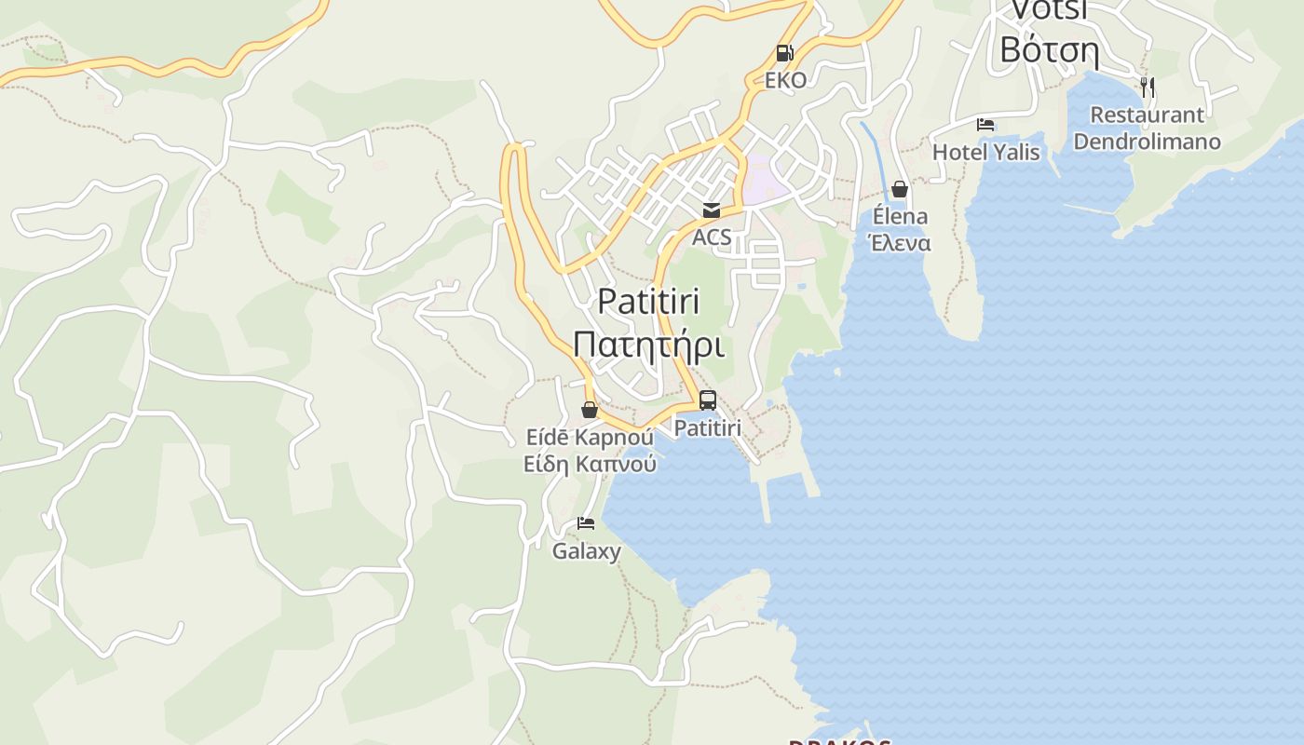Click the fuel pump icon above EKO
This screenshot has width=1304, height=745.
click(785, 53)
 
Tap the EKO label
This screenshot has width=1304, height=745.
click(785, 80)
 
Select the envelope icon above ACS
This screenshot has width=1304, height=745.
click(712, 210)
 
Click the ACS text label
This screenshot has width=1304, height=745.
click(712, 237)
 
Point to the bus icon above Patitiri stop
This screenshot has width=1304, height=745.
click(708, 400)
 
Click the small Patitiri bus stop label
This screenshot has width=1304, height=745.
click(707, 428)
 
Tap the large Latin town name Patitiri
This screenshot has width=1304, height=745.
click(648, 301)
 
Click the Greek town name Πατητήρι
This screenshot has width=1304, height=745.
click(648, 344)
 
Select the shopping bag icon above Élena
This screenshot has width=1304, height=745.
click(900, 190)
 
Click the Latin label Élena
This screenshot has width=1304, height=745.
click(900, 217)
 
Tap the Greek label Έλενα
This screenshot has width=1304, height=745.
click(900, 243)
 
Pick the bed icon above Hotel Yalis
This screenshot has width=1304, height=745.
click(985, 125)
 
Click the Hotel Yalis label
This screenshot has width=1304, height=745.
click(985, 152)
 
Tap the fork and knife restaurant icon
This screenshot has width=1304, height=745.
click(1148, 88)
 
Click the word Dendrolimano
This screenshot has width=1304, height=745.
click(1147, 142)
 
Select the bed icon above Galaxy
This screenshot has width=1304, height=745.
click(586, 523)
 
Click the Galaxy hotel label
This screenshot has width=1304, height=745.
click(586, 551)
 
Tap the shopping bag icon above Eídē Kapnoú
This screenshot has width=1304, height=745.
click(590, 410)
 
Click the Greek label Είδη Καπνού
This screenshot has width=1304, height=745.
click(590, 464)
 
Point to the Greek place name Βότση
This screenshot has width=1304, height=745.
click(1050, 48)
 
